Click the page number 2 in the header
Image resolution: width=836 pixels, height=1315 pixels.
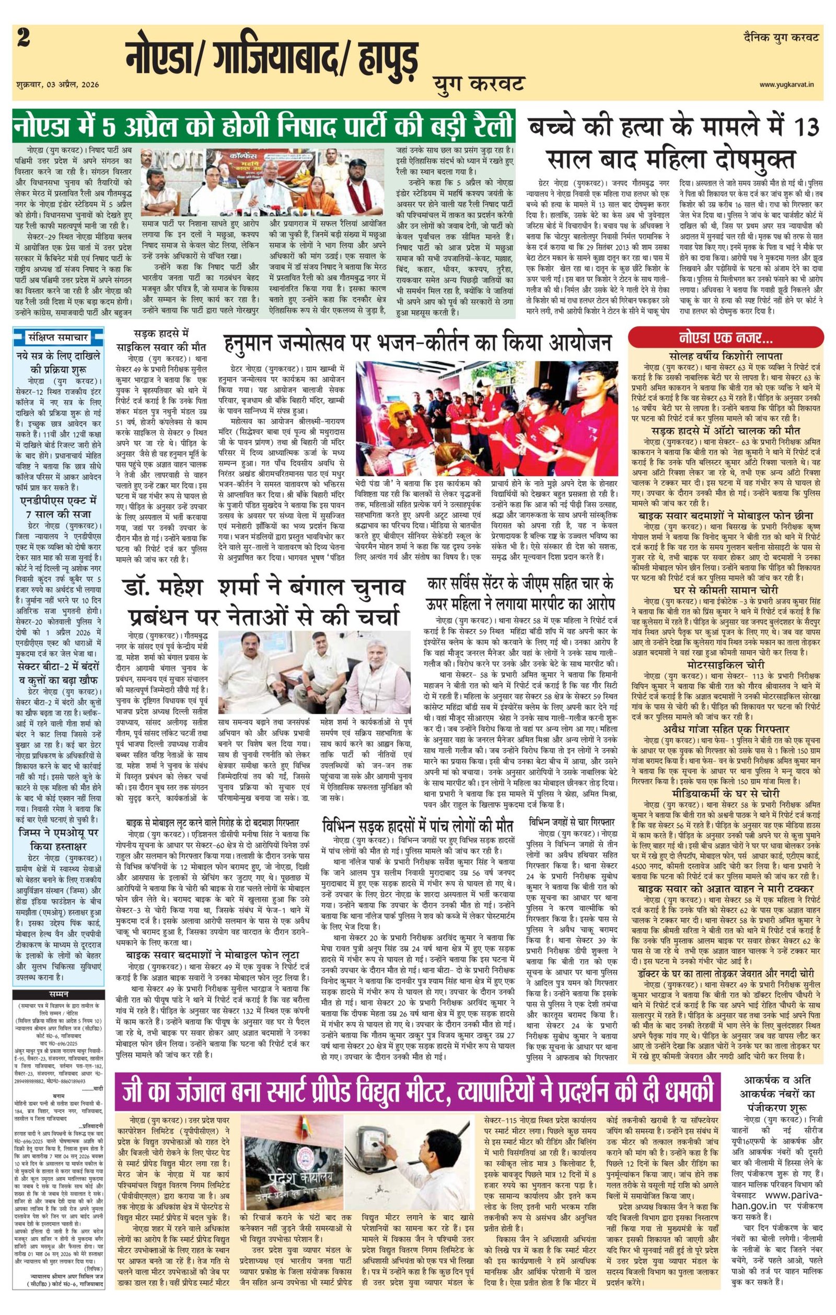[x=23, y=40]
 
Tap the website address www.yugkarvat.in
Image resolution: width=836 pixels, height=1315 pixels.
[x=789, y=85]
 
